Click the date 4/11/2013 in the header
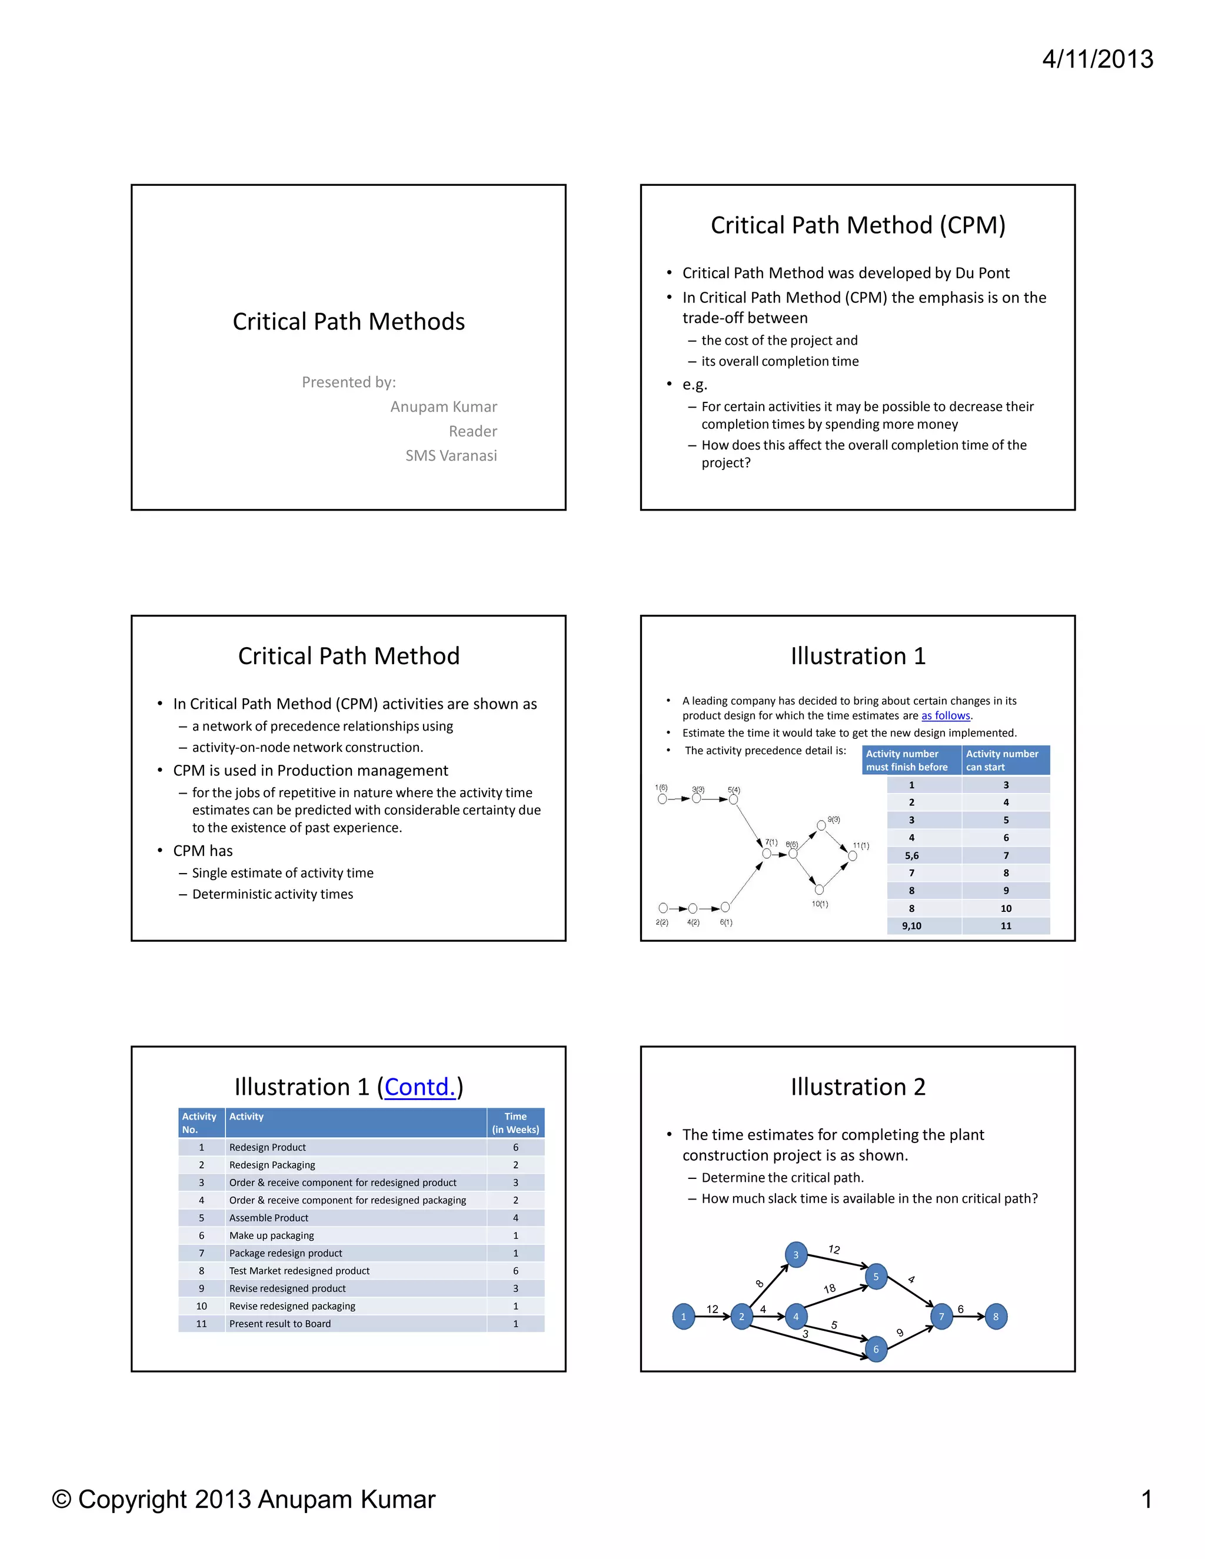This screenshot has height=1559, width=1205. coord(1097,59)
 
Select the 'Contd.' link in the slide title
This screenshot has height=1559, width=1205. coord(420,1087)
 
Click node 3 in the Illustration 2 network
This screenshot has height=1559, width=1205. coord(796,1255)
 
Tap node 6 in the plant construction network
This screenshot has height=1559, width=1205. coord(876,1349)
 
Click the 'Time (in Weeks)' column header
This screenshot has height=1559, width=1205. coord(515,1123)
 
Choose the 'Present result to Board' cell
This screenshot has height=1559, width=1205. coord(280,1324)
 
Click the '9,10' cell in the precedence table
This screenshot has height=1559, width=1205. coord(911,926)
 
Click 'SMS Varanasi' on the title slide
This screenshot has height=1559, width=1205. coord(451,455)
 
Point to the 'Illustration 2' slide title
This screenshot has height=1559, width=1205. coord(857,1087)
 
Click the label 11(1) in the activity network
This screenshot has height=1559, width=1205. coord(861,846)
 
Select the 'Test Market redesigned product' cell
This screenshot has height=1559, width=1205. coord(299,1271)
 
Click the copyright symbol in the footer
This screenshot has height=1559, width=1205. coord(62,1500)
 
